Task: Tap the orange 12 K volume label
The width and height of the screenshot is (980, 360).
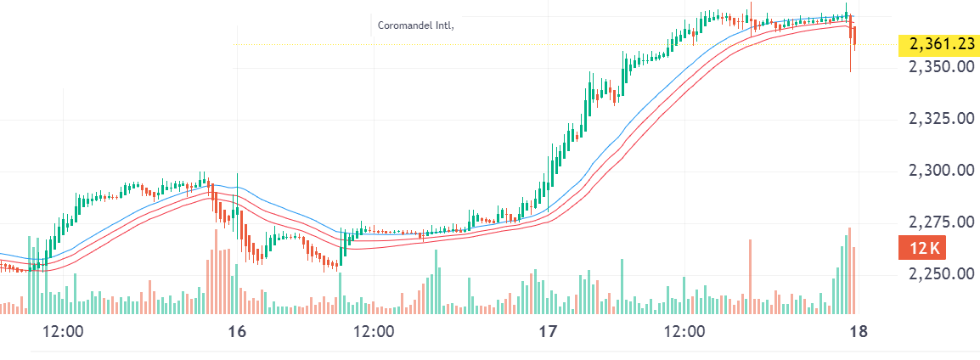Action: pyautogui.click(x=923, y=249)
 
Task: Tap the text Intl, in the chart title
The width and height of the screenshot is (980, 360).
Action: pyautogui.click(x=445, y=25)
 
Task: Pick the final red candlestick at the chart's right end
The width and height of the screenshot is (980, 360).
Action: pyautogui.click(x=854, y=37)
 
